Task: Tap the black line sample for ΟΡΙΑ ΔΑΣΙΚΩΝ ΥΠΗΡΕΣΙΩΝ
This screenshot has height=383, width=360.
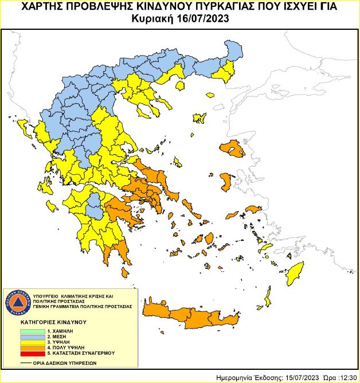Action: [x=26, y=362]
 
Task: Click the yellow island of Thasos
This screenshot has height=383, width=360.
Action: [x=178, y=87]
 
